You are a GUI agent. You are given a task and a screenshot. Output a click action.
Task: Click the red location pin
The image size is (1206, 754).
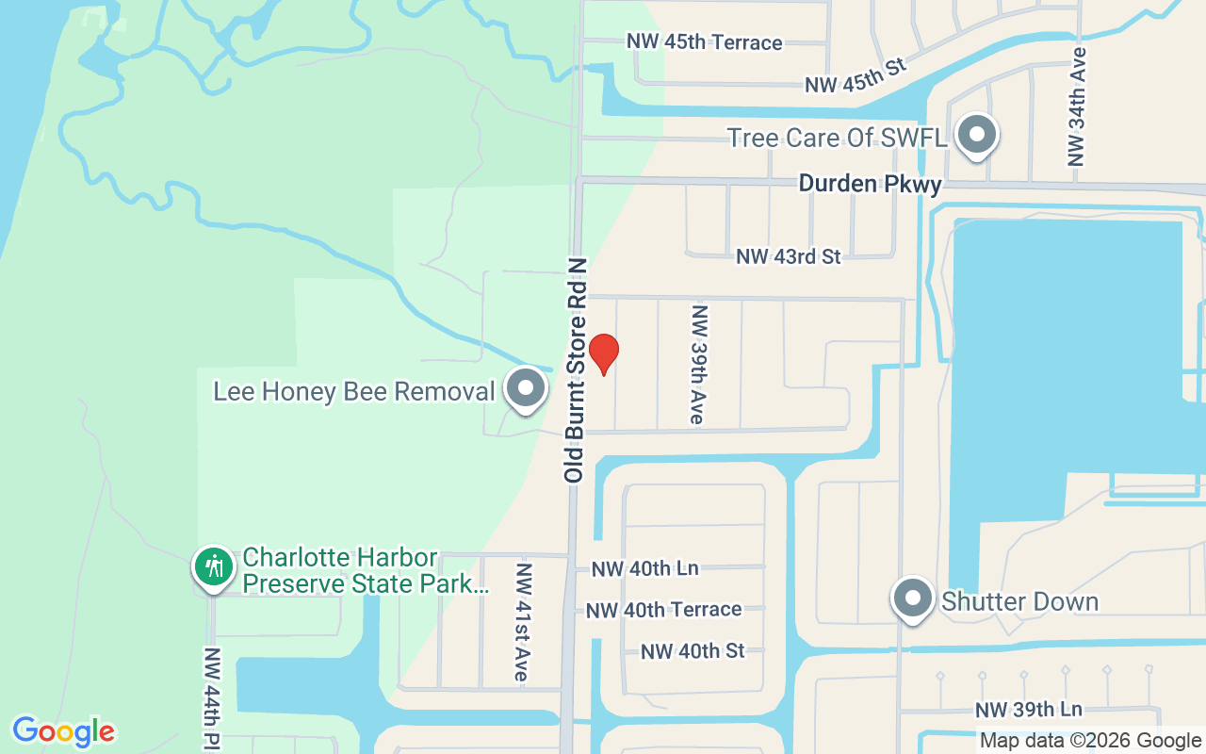[603, 353]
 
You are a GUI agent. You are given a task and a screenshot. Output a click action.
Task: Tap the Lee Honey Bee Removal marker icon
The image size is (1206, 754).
[526, 388]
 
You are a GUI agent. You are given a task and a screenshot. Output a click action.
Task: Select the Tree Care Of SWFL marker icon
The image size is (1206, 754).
[977, 135]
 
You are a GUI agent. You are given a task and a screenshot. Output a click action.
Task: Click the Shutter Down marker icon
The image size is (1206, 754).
[912, 598]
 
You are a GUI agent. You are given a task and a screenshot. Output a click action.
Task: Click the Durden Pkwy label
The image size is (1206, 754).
[870, 184]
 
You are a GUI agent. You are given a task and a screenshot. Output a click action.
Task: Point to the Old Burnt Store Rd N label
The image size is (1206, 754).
[576, 370]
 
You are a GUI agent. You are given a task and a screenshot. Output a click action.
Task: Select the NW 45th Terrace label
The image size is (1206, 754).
[705, 42]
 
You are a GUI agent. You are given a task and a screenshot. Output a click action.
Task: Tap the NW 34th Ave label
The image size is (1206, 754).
[1079, 107]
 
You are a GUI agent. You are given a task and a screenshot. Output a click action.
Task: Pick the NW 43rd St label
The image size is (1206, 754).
[788, 256]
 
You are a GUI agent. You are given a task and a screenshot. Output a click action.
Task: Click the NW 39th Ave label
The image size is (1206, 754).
[698, 364]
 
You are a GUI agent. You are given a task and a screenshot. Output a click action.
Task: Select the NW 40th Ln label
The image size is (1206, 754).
[644, 569]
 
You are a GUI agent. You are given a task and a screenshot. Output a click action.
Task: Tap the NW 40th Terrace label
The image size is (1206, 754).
[663, 610]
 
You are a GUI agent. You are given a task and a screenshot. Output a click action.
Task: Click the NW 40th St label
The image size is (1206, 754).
[693, 651]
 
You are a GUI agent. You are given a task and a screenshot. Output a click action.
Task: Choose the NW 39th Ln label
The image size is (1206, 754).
[1029, 710]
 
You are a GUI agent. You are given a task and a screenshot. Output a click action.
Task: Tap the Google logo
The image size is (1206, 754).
[63, 731]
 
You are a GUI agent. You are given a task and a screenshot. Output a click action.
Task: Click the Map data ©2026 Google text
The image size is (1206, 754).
[1090, 741]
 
